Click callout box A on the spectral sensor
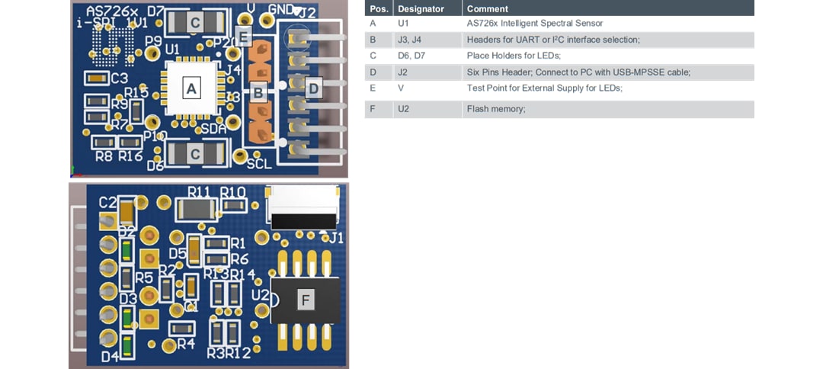192,89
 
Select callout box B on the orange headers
259,92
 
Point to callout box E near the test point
243,36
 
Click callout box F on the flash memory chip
306,300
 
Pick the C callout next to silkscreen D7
195,23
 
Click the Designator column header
421,8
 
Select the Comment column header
487,8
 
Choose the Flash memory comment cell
496,109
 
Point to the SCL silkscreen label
258,163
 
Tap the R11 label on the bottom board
200,191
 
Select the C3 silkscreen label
119,78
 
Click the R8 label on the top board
104,156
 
